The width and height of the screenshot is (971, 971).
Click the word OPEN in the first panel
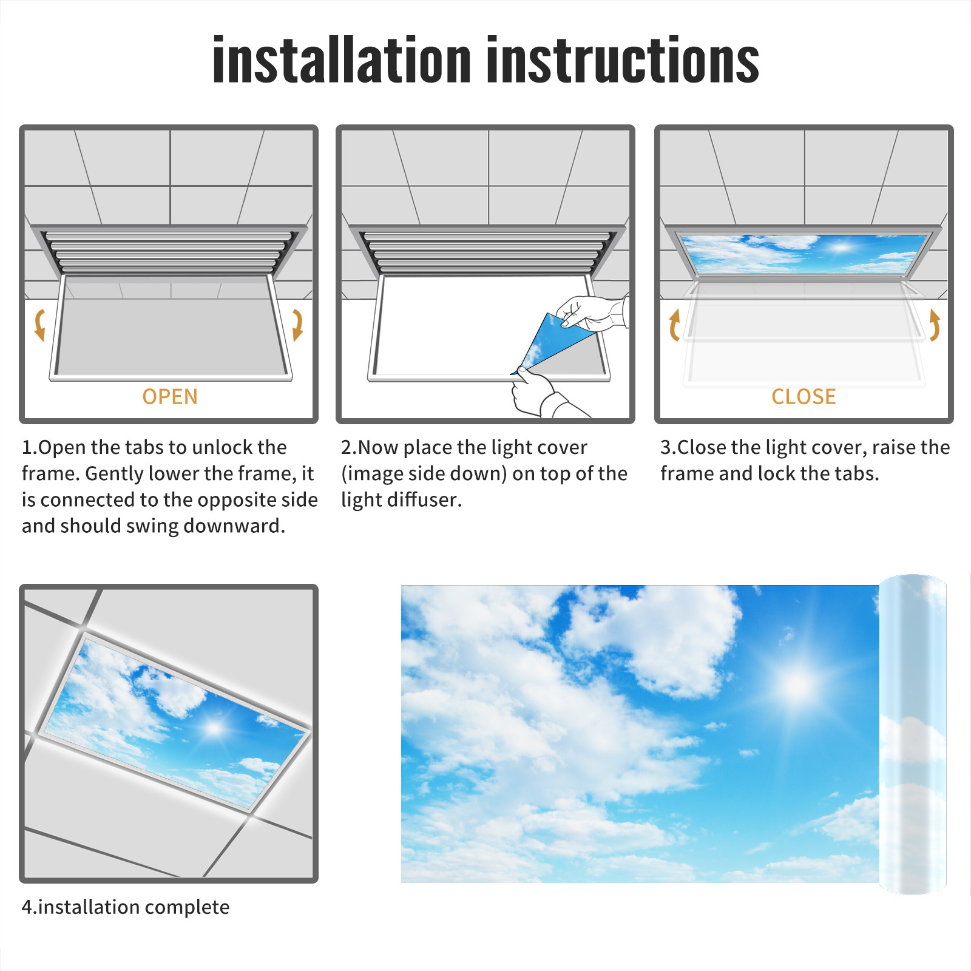(170, 397)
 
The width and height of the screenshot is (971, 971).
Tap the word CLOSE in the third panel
(804, 397)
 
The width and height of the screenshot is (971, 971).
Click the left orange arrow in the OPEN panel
(39, 325)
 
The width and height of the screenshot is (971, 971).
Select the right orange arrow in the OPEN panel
(297, 325)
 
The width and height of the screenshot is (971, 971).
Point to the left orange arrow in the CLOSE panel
(674, 325)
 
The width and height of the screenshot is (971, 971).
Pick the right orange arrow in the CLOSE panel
(935, 325)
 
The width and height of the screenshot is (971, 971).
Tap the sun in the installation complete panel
(214, 728)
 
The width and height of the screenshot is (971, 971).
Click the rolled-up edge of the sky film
(913, 734)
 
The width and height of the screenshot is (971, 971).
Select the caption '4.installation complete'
(126, 907)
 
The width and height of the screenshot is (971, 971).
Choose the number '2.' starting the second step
(349, 447)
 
